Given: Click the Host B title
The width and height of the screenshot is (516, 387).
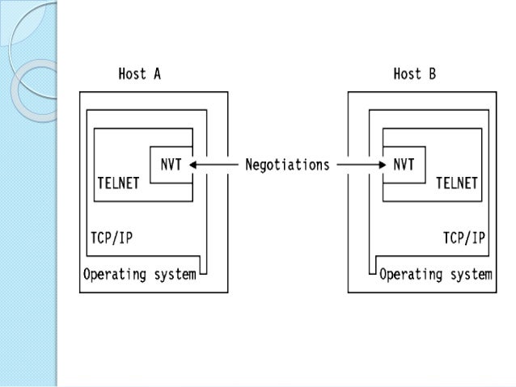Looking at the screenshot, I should pyautogui.click(x=414, y=74).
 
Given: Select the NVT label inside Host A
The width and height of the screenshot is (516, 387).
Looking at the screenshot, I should pyautogui.click(x=171, y=165).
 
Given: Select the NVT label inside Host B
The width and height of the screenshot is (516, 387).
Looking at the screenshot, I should pyautogui.click(x=404, y=165).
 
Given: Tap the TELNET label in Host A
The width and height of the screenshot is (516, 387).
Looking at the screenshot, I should pyautogui.click(x=118, y=183).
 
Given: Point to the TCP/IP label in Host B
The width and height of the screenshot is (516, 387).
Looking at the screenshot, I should pyautogui.click(x=463, y=238).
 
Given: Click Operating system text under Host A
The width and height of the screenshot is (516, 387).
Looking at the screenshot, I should pyautogui.click(x=139, y=274).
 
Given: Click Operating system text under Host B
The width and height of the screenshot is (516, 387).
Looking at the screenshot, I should pyautogui.click(x=436, y=274).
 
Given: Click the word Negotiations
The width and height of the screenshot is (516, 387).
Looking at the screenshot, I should pyautogui.click(x=287, y=165).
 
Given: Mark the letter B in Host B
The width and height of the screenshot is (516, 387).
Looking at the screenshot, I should pyautogui.click(x=432, y=74).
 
